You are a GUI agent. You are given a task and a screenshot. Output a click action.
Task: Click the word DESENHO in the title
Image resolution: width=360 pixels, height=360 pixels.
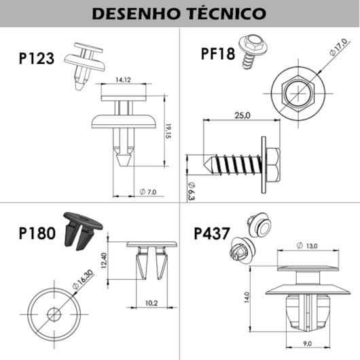point(132,14)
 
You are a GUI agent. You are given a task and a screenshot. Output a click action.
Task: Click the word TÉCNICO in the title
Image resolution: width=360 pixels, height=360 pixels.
point(226,14)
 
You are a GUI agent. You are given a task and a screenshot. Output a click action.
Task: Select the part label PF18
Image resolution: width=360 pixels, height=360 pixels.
point(217,52)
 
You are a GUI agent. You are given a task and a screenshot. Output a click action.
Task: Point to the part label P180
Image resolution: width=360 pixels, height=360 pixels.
point(38,234)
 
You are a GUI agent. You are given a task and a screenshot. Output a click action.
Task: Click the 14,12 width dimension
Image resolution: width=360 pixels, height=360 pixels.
point(123,80)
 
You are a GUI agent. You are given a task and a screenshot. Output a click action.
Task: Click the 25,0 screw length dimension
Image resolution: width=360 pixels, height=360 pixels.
point(242,115)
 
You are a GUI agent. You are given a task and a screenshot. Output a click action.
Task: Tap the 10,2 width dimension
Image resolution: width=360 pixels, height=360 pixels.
point(151,303)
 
